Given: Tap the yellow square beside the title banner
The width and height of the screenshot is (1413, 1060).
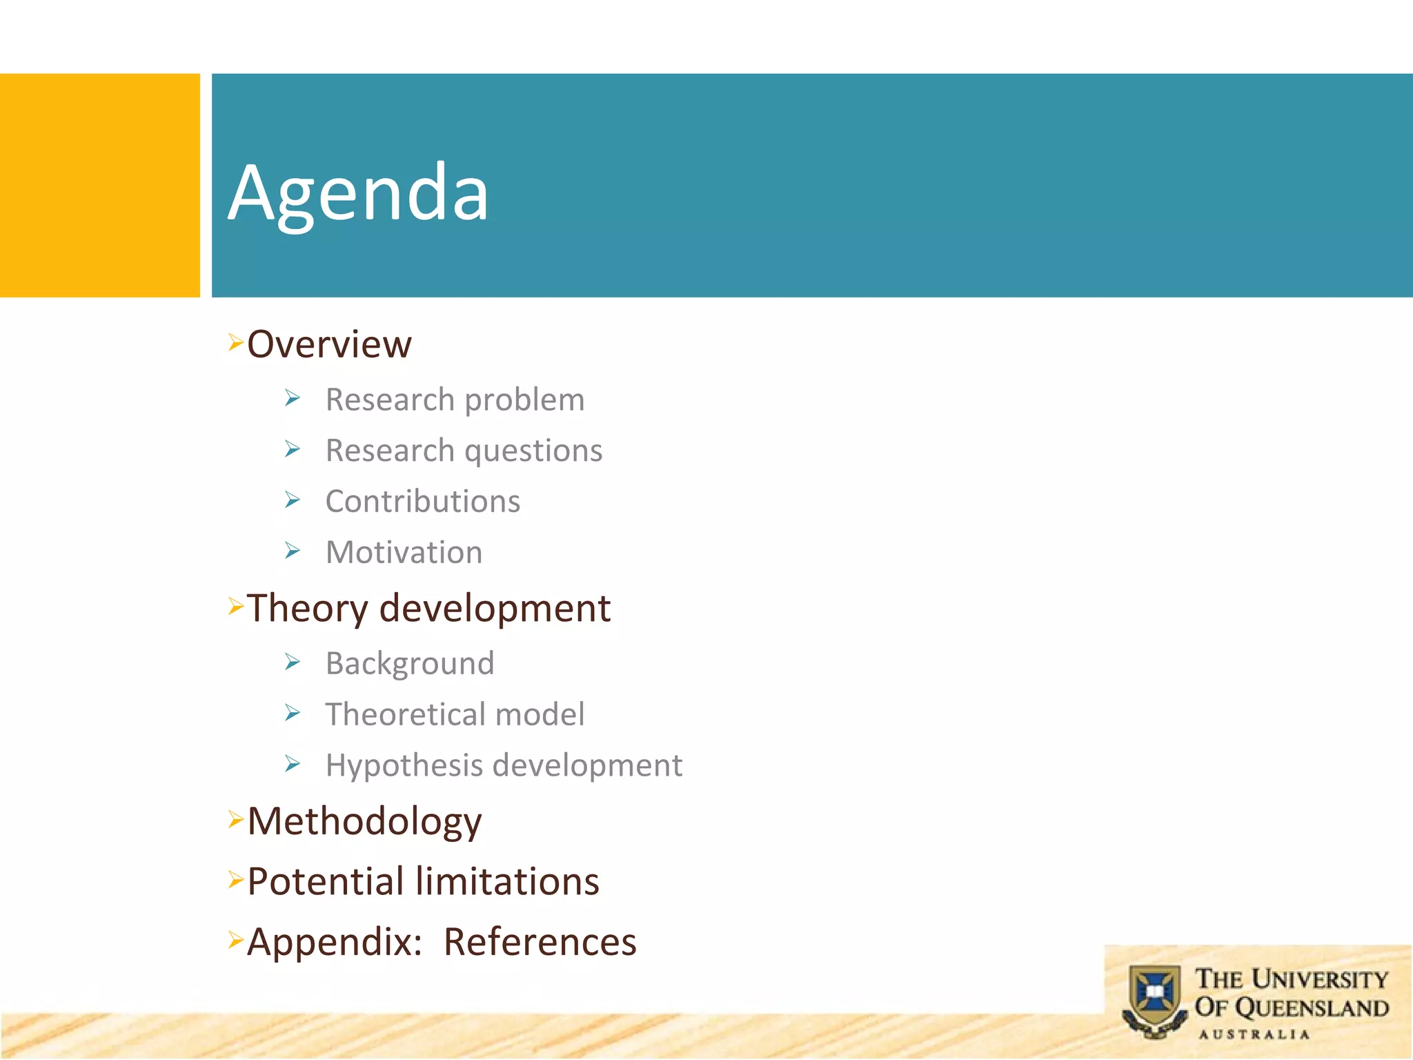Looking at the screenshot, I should pyautogui.click(x=99, y=185).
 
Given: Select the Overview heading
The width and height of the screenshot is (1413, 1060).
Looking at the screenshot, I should pyautogui.click(x=329, y=344).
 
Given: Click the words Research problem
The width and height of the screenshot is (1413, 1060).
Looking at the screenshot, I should pyautogui.click(x=455, y=400).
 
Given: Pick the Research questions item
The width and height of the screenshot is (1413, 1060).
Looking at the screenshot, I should pyautogui.click(x=464, y=451).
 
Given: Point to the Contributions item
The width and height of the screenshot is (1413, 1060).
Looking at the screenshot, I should pyautogui.click(x=423, y=501).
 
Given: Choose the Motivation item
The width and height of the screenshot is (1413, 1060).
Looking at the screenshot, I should pyautogui.click(x=404, y=552).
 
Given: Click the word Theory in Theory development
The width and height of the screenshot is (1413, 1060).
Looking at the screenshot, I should pyautogui.click(x=308, y=609).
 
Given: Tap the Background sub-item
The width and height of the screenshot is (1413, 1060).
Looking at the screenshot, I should pyautogui.click(x=410, y=663).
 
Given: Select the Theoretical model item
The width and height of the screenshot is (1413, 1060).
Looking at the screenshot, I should pyautogui.click(x=455, y=714).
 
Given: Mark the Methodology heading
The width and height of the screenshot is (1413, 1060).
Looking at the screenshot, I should pyautogui.click(x=364, y=821).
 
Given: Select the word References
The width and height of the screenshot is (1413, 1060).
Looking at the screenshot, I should pyautogui.click(x=540, y=942).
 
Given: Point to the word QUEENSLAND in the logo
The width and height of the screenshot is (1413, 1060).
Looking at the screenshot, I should pyautogui.click(x=1311, y=1008).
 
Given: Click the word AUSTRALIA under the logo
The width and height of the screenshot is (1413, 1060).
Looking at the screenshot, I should pyautogui.click(x=1254, y=1034).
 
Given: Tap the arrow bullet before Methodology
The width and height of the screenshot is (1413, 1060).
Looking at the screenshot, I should pyautogui.click(x=236, y=820).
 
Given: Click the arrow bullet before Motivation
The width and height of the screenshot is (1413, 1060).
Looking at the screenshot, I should pyautogui.click(x=293, y=551).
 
